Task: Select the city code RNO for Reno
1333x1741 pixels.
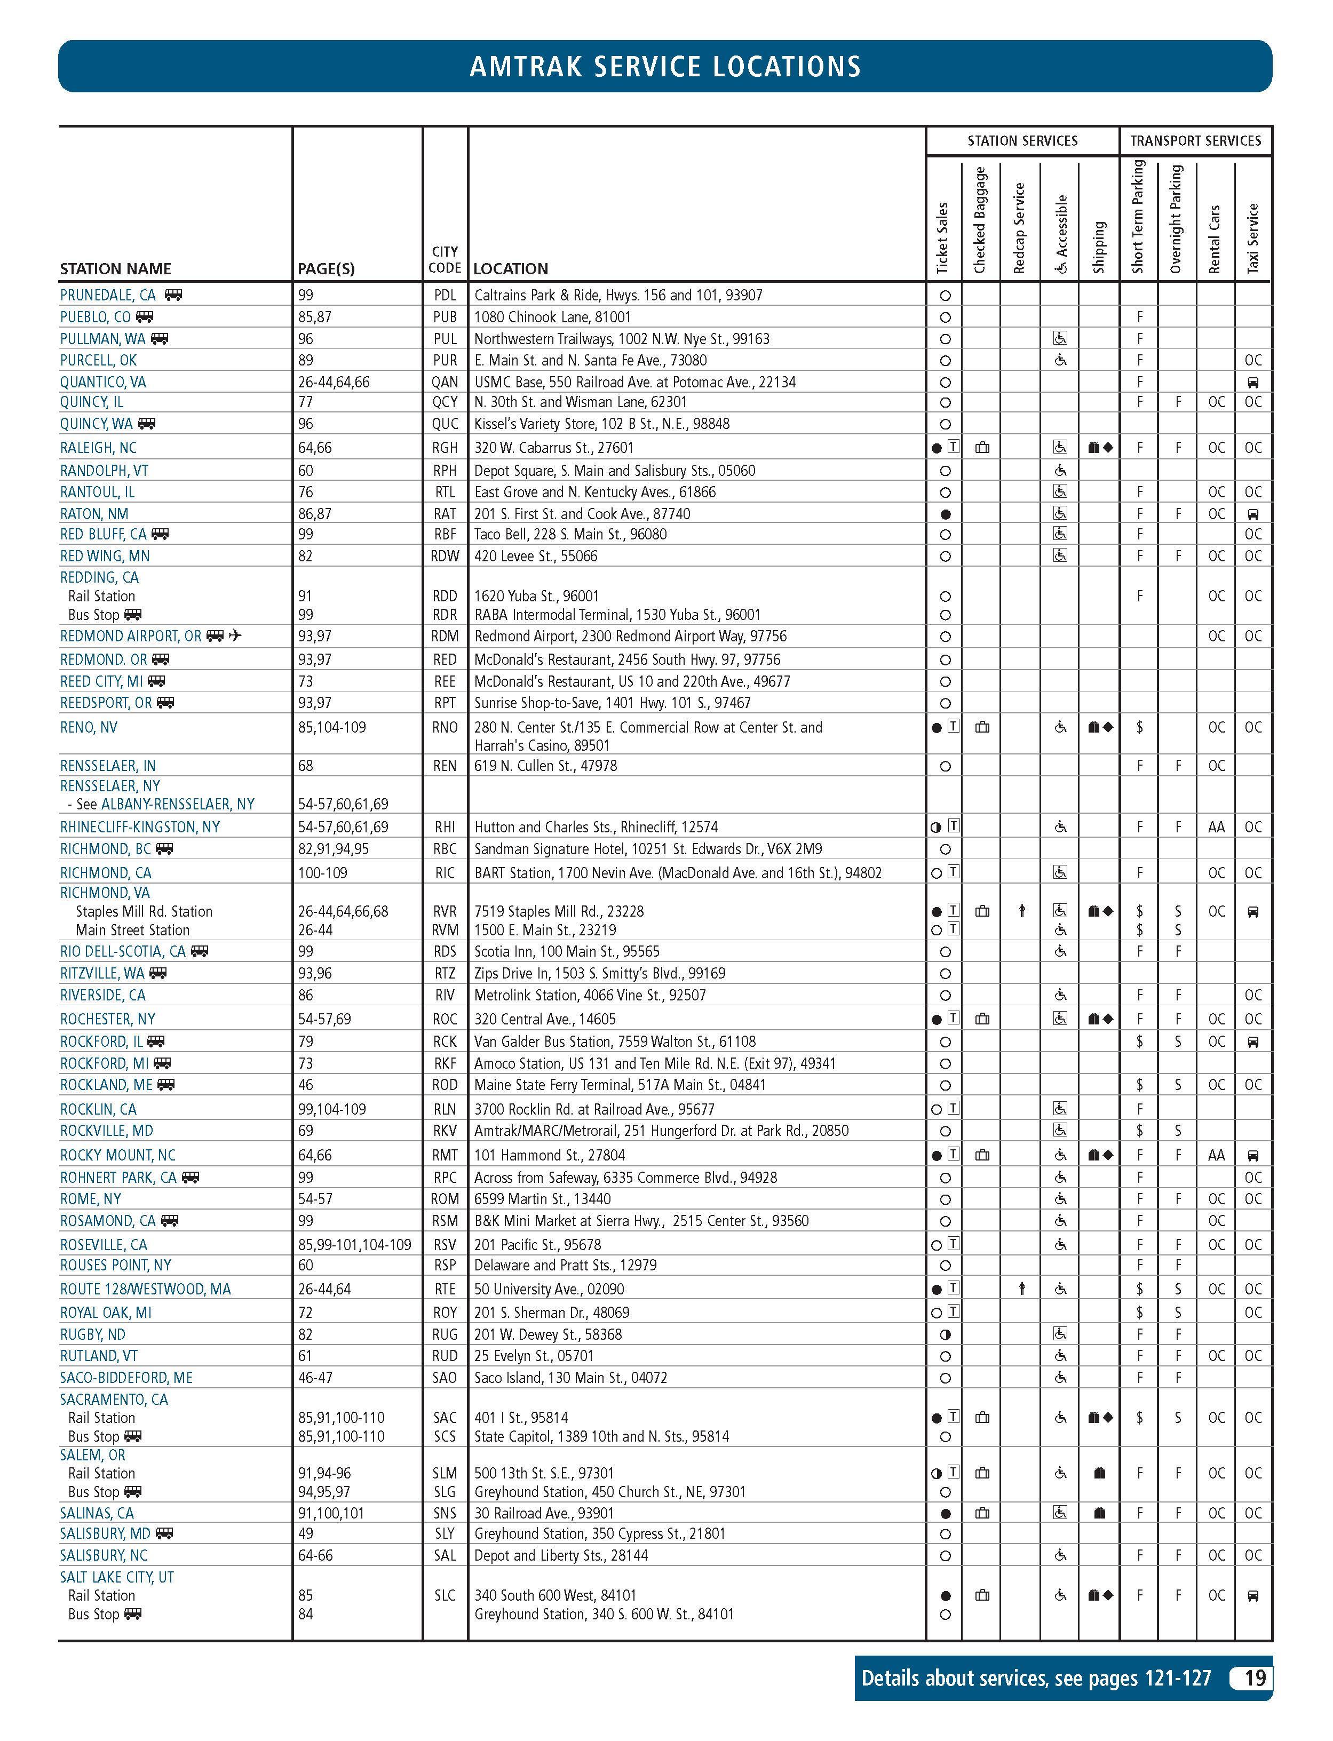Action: (445, 727)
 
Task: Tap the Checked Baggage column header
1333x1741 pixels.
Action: (980, 220)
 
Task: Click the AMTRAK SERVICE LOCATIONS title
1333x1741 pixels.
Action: (665, 67)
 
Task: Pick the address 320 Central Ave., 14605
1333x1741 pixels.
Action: (545, 1019)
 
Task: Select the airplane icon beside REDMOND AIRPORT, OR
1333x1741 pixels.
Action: (235, 636)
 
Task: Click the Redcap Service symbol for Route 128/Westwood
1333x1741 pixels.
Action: (1022, 1290)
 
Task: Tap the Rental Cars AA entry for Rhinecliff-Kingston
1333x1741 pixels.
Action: (1216, 827)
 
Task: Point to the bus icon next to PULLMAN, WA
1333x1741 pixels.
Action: (160, 339)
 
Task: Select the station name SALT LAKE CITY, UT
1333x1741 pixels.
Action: (117, 1577)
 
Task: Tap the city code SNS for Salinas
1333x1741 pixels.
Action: (445, 1513)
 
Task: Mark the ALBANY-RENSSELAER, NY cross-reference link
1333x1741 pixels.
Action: (178, 804)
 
